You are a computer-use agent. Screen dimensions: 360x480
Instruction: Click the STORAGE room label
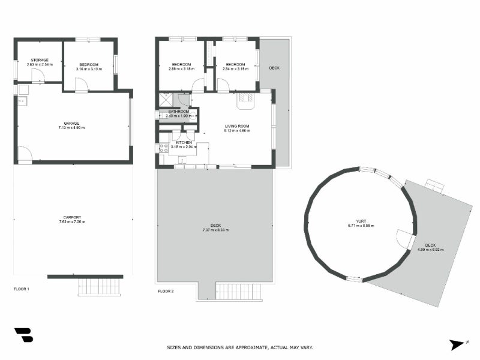tap(40, 60)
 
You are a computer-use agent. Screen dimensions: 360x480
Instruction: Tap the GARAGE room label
tap(71, 123)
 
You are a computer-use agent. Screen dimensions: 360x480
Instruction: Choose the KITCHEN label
tap(183, 143)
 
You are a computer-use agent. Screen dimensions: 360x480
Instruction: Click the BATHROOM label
tap(179, 112)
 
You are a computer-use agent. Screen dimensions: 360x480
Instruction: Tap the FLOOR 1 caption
tap(21, 289)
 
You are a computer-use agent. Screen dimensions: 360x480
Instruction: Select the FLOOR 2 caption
tap(166, 291)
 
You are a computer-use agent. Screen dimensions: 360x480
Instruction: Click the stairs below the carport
tap(100, 287)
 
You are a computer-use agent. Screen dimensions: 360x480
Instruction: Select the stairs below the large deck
tap(239, 292)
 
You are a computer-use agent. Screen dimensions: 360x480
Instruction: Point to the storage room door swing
tap(37, 76)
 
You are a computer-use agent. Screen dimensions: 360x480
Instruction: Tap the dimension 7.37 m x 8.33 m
tap(215, 230)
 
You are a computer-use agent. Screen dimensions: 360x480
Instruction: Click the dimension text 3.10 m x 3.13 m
tap(89, 69)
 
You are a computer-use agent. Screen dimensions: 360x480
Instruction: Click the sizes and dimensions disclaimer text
tap(239, 347)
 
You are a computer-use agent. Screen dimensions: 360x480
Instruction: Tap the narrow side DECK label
tap(274, 68)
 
